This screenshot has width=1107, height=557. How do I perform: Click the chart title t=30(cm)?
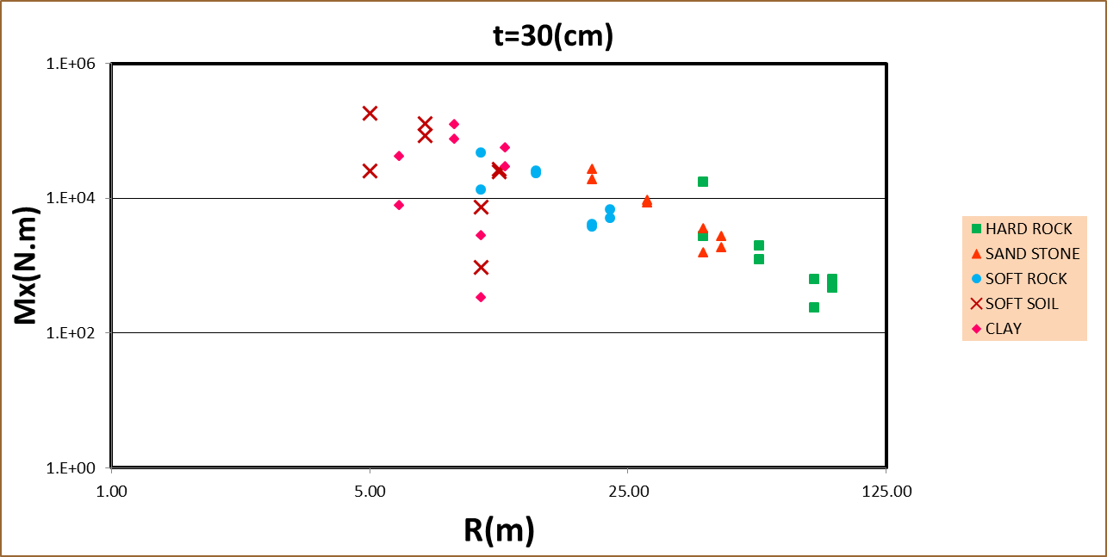549,35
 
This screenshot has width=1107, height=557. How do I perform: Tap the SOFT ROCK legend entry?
1026,279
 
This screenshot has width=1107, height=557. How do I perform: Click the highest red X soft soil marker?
370,113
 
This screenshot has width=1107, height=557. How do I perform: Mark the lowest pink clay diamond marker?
481,297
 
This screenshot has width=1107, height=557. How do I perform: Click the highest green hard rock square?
703,182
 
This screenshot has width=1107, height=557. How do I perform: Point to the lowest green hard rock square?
814,307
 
